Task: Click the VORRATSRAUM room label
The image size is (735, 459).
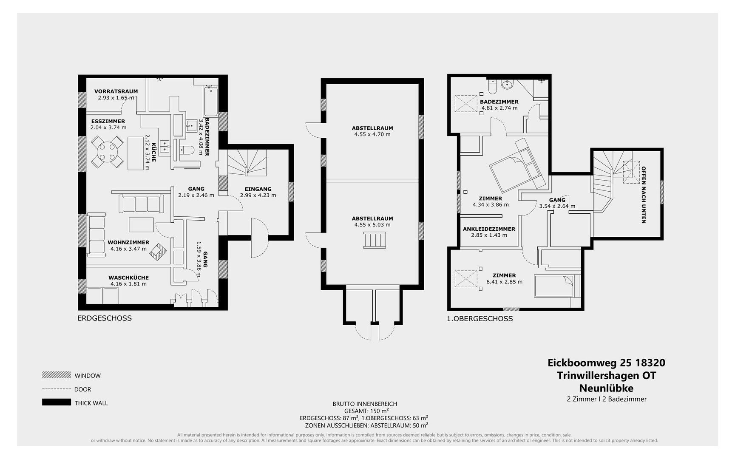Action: point(116,91)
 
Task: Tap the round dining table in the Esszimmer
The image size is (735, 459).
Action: point(108,152)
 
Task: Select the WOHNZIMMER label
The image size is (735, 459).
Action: point(128,242)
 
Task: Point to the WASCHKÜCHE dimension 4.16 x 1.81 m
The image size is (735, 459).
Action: point(128,284)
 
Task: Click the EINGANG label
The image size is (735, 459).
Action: point(258,189)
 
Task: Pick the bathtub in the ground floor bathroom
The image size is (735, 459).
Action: point(211,102)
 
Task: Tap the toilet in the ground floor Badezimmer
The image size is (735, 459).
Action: point(187,150)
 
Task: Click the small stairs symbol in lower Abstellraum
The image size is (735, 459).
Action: point(375,240)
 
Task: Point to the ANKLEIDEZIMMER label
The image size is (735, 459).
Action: point(489,229)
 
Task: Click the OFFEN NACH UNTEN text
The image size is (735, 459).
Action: point(644,195)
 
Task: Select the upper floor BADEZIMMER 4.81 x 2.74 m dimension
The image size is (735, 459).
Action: point(499,108)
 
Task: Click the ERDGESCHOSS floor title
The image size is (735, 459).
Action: point(105,318)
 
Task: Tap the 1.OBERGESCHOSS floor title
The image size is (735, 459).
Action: point(480,318)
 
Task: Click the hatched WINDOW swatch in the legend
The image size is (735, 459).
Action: point(57,375)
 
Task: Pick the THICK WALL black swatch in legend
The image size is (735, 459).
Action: point(57,402)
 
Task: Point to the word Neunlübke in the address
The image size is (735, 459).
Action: point(606,388)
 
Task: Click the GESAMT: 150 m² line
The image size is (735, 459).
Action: point(366,411)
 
